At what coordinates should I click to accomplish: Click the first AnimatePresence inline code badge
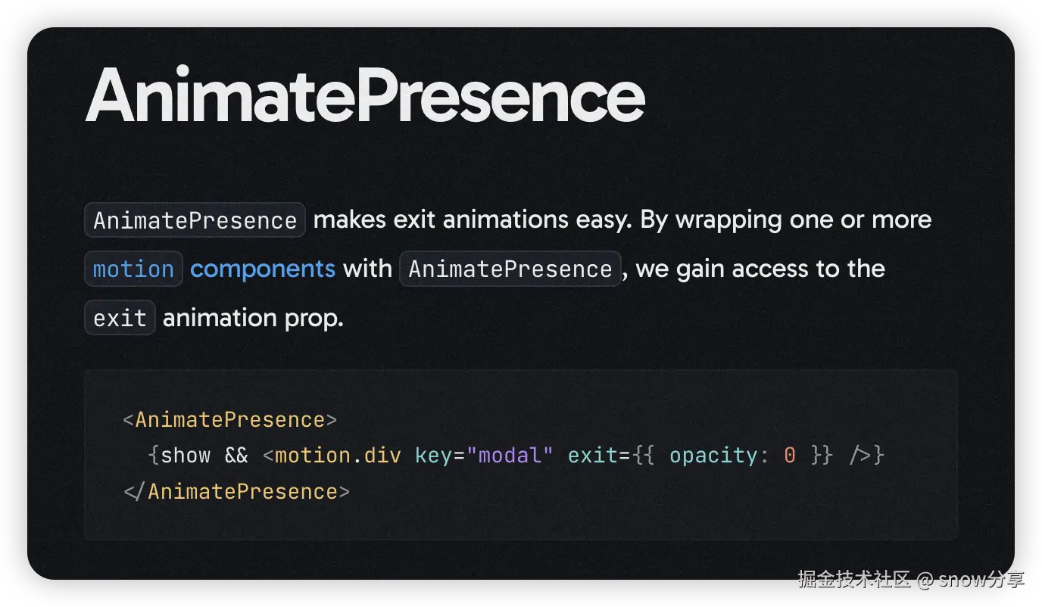click(x=195, y=220)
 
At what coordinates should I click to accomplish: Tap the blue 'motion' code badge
click(x=133, y=269)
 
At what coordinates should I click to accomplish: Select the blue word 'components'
click(x=262, y=269)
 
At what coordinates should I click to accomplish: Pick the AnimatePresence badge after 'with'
click(x=510, y=269)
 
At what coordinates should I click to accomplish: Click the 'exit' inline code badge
click(x=120, y=318)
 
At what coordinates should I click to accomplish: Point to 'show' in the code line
click(x=186, y=456)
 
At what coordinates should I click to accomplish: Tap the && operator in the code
click(x=236, y=456)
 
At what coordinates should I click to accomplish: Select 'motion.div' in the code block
click(x=338, y=456)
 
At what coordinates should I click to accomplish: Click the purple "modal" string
click(x=510, y=456)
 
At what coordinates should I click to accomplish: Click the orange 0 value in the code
click(x=790, y=456)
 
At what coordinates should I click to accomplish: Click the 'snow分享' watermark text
click(x=981, y=580)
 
